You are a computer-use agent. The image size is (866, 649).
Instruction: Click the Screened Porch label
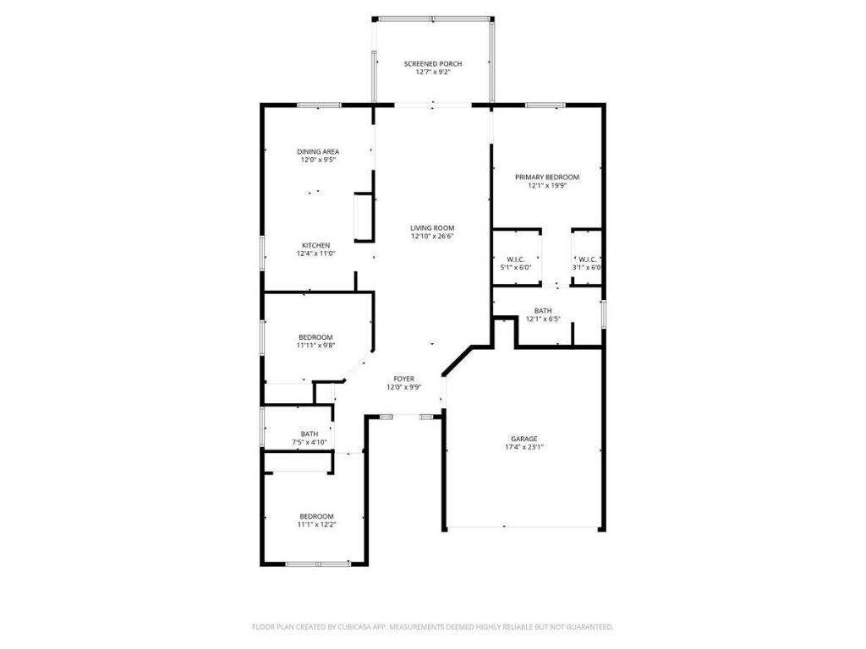433,63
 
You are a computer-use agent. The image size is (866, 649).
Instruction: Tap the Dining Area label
318,151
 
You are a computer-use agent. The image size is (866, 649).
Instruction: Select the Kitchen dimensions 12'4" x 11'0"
316,254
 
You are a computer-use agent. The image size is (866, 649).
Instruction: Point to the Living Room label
433,228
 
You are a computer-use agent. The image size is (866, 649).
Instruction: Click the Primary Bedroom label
547,177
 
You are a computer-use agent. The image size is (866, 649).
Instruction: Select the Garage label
523,439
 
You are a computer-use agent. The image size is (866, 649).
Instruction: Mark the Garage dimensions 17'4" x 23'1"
523,448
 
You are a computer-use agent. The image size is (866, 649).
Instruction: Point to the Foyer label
403,379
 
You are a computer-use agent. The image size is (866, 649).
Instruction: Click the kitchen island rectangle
362,216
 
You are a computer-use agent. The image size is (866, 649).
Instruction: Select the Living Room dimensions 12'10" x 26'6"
433,237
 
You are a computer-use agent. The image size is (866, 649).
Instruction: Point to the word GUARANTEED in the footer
589,627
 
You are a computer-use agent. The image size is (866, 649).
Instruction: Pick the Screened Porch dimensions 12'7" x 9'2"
433,72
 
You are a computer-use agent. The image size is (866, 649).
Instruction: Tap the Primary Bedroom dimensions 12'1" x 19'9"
547,185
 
